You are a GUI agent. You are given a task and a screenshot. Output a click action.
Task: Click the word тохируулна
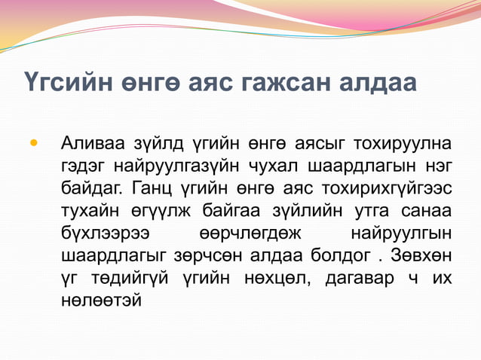coord(407,142)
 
